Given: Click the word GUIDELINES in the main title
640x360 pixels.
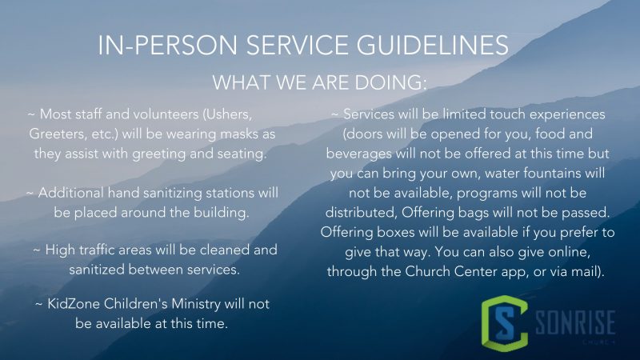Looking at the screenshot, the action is click(x=433, y=45).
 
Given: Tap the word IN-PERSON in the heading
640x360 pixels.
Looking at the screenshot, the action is click(x=167, y=45).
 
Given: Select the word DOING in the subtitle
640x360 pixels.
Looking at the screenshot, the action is click(x=390, y=82).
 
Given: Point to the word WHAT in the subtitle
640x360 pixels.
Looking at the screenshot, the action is click(x=241, y=82).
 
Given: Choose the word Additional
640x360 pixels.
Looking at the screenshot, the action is click(x=71, y=193).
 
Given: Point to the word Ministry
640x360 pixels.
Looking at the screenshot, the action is click(x=196, y=305).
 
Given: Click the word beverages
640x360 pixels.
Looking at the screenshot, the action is click(x=358, y=154).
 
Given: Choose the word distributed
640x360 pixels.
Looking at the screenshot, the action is click(x=362, y=213).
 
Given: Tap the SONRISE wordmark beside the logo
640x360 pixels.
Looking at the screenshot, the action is click(x=575, y=322).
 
